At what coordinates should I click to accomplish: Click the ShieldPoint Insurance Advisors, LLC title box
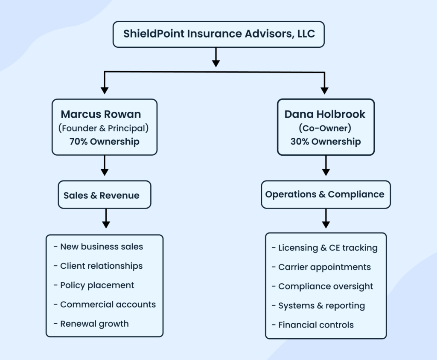[218, 34]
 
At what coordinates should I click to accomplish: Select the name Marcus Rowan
[101, 114]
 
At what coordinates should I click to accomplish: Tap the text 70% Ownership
[104, 142]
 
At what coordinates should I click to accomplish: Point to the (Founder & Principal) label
[104, 128]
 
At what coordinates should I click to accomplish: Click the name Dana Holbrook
[325, 114]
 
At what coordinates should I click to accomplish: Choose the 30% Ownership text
[325, 142]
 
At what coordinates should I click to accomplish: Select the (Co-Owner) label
[325, 128]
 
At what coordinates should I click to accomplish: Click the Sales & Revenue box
[104, 195]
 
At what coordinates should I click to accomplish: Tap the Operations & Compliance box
[325, 195]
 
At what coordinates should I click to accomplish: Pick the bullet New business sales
[101, 247]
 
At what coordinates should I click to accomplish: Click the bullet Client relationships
[101, 266]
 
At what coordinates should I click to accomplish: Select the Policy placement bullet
[97, 285]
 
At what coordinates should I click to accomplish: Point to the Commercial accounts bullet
[108, 304]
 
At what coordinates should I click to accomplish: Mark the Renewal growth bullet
[94, 323]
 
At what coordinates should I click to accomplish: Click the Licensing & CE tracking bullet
[327, 248]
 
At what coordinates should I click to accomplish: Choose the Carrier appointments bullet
[324, 267]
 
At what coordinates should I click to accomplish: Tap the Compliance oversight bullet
[325, 286]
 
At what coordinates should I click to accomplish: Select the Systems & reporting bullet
[321, 305]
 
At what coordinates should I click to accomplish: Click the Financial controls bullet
[316, 325]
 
